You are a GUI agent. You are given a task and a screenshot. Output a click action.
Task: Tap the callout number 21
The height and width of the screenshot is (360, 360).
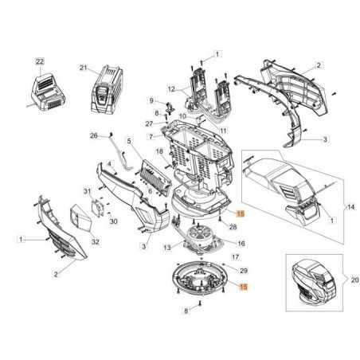[83, 68]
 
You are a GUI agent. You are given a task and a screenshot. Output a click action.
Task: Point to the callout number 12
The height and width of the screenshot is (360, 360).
[171, 88]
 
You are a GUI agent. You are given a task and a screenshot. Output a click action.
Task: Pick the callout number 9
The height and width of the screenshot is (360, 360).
[151, 100]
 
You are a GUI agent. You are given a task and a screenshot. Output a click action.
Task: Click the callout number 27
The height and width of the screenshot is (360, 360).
[149, 124]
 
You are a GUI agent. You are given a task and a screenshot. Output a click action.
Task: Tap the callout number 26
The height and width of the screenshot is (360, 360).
[93, 135]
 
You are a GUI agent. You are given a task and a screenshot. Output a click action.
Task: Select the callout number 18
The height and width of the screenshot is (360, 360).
[158, 151]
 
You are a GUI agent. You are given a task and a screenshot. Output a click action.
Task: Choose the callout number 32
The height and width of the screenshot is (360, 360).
[96, 241]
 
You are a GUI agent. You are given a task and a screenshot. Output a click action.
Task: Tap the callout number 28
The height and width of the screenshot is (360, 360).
[233, 227]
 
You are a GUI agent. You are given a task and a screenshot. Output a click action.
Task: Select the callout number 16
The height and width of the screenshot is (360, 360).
[241, 243]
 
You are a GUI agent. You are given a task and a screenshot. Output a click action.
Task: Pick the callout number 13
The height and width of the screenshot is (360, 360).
[166, 248]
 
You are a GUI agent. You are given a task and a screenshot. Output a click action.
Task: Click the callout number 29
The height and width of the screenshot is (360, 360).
[245, 272]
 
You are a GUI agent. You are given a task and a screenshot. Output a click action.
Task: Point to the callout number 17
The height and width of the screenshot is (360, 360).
[235, 257]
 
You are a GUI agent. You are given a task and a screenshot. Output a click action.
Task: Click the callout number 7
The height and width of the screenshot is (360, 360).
[149, 136]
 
